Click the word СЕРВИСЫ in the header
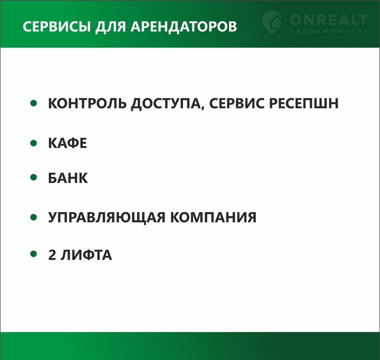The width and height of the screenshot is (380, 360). coord(57,27)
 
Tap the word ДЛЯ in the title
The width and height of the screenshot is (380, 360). coord(110,27)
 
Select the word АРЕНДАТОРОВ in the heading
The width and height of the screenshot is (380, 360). coord(184,27)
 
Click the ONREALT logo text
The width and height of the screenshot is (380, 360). coord(329,20)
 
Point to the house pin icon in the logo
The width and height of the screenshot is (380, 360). coord(272,22)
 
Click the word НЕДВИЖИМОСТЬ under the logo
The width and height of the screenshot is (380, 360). coord(329,31)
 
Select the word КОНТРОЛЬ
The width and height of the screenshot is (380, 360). coord(87,103)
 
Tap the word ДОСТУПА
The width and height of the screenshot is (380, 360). coord(166,104)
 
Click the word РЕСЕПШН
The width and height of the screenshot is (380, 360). coord(304,103)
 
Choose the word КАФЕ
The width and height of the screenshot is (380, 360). coord(68,143)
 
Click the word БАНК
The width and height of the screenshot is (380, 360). coord(68,178)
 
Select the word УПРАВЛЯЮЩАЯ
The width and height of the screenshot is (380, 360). coord(107,217)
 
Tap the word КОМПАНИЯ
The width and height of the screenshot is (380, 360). coord(213,217)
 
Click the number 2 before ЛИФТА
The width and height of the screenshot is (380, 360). coord(52,255)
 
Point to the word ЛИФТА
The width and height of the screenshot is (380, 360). coord(86,255)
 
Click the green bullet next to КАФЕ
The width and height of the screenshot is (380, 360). coord(34,143)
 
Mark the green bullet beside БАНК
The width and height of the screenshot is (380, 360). coord(34,177)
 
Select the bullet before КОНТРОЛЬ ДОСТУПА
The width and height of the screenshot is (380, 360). coord(34,103)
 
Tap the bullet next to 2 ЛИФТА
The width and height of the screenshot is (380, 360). coord(34,254)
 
